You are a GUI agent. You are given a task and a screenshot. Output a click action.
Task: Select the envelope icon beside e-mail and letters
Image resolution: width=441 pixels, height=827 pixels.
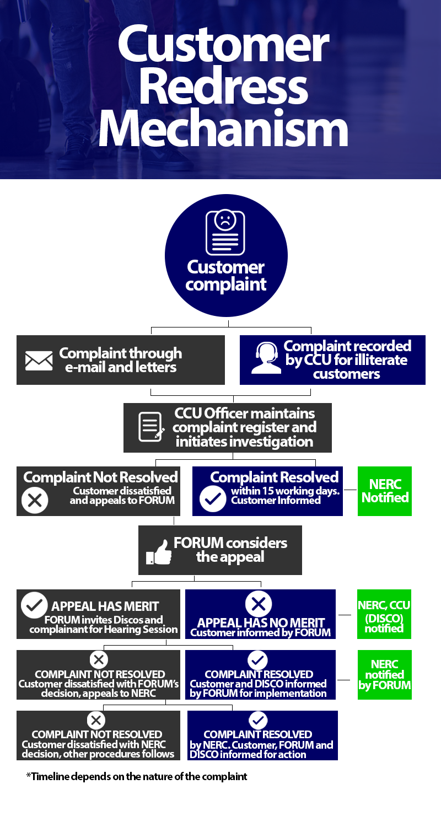[39, 361]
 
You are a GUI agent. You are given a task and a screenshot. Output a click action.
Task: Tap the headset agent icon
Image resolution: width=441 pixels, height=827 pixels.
[264, 359]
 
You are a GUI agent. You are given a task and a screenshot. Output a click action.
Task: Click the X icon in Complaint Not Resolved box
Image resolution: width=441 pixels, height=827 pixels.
[34, 500]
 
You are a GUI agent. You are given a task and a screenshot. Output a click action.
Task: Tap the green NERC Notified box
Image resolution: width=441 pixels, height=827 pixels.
[384, 491]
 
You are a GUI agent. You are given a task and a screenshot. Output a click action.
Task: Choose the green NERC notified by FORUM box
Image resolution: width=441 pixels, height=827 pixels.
[384, 675]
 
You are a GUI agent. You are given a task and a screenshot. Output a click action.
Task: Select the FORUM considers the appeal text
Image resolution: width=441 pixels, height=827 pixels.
[230, 550]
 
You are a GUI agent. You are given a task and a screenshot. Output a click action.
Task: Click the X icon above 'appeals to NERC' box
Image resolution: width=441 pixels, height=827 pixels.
[99, 659]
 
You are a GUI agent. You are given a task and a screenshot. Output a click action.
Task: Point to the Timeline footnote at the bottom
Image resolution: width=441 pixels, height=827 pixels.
[137, 777]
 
